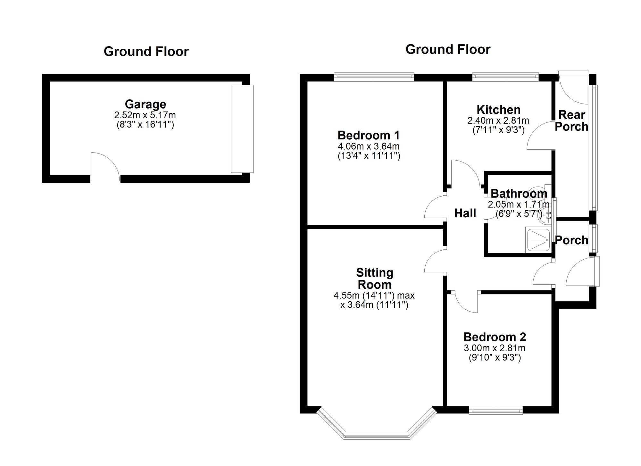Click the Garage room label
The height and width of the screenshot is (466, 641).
pyautogui.click(x=146, y=104)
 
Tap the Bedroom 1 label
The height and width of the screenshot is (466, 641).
pyautogui.click(x=369, y=135)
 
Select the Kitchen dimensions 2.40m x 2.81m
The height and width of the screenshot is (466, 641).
pyautogui.click(x=498, y=121)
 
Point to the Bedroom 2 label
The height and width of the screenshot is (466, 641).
pyautogui.click(x=495, y=337)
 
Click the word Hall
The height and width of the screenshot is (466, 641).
pyautogui.click(x=465, y=213)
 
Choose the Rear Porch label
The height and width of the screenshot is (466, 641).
pyautogui.click(x=571, y=121)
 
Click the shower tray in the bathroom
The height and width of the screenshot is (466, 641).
pyautogui.click(x=538, y=239)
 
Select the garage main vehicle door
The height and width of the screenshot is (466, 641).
pyautogui.click(x=242, y=129)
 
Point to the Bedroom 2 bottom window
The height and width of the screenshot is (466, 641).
pyautogui.click(x=496, y=410)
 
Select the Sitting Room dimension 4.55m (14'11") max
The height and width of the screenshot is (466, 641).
pyautogui.click(x=374, y=295)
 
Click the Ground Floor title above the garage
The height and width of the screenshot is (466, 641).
pyautogui.click(x=146, y=51)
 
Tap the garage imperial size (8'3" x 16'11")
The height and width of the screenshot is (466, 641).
pyautogui.click(x=145, y=124)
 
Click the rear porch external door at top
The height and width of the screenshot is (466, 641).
pyautogui.click(x=573, y=88)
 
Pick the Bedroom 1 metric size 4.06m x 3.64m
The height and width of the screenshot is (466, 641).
pyautogui.click(x=369, y=146)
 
